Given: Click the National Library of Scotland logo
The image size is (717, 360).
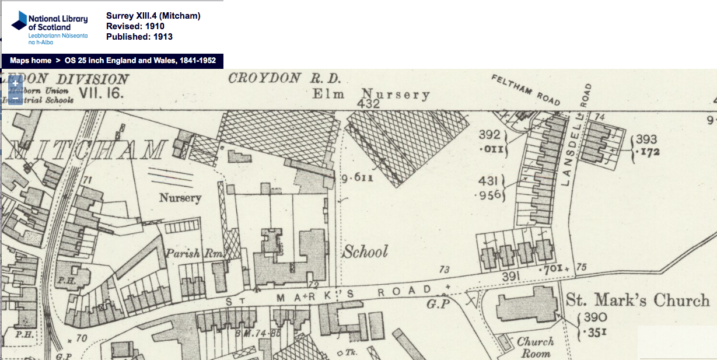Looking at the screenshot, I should (x=49, y=27).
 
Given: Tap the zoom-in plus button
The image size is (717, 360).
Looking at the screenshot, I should (x=15, y=83).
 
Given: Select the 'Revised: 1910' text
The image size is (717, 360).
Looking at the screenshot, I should (x=135, y=26).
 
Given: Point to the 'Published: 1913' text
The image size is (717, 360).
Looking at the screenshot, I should (x=139, y=37).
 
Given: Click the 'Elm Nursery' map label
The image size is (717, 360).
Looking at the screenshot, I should (x=371, y=95).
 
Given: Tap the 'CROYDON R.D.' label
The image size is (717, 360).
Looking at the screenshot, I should (x=284, y=79).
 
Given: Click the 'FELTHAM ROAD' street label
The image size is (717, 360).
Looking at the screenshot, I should (x=526, y=90).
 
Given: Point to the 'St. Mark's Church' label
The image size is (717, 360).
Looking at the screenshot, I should (x=638, y=300).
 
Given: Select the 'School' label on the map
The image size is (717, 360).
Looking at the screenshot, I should (x=365, y=252).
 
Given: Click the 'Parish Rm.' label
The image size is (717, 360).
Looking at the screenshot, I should (x=190, y=254).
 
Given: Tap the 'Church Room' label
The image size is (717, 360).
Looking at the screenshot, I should (x=536, y=348).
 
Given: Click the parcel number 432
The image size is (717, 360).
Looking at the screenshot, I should (x=369, y=104).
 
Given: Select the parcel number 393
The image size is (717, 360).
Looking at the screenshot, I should (x=646, y=139).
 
